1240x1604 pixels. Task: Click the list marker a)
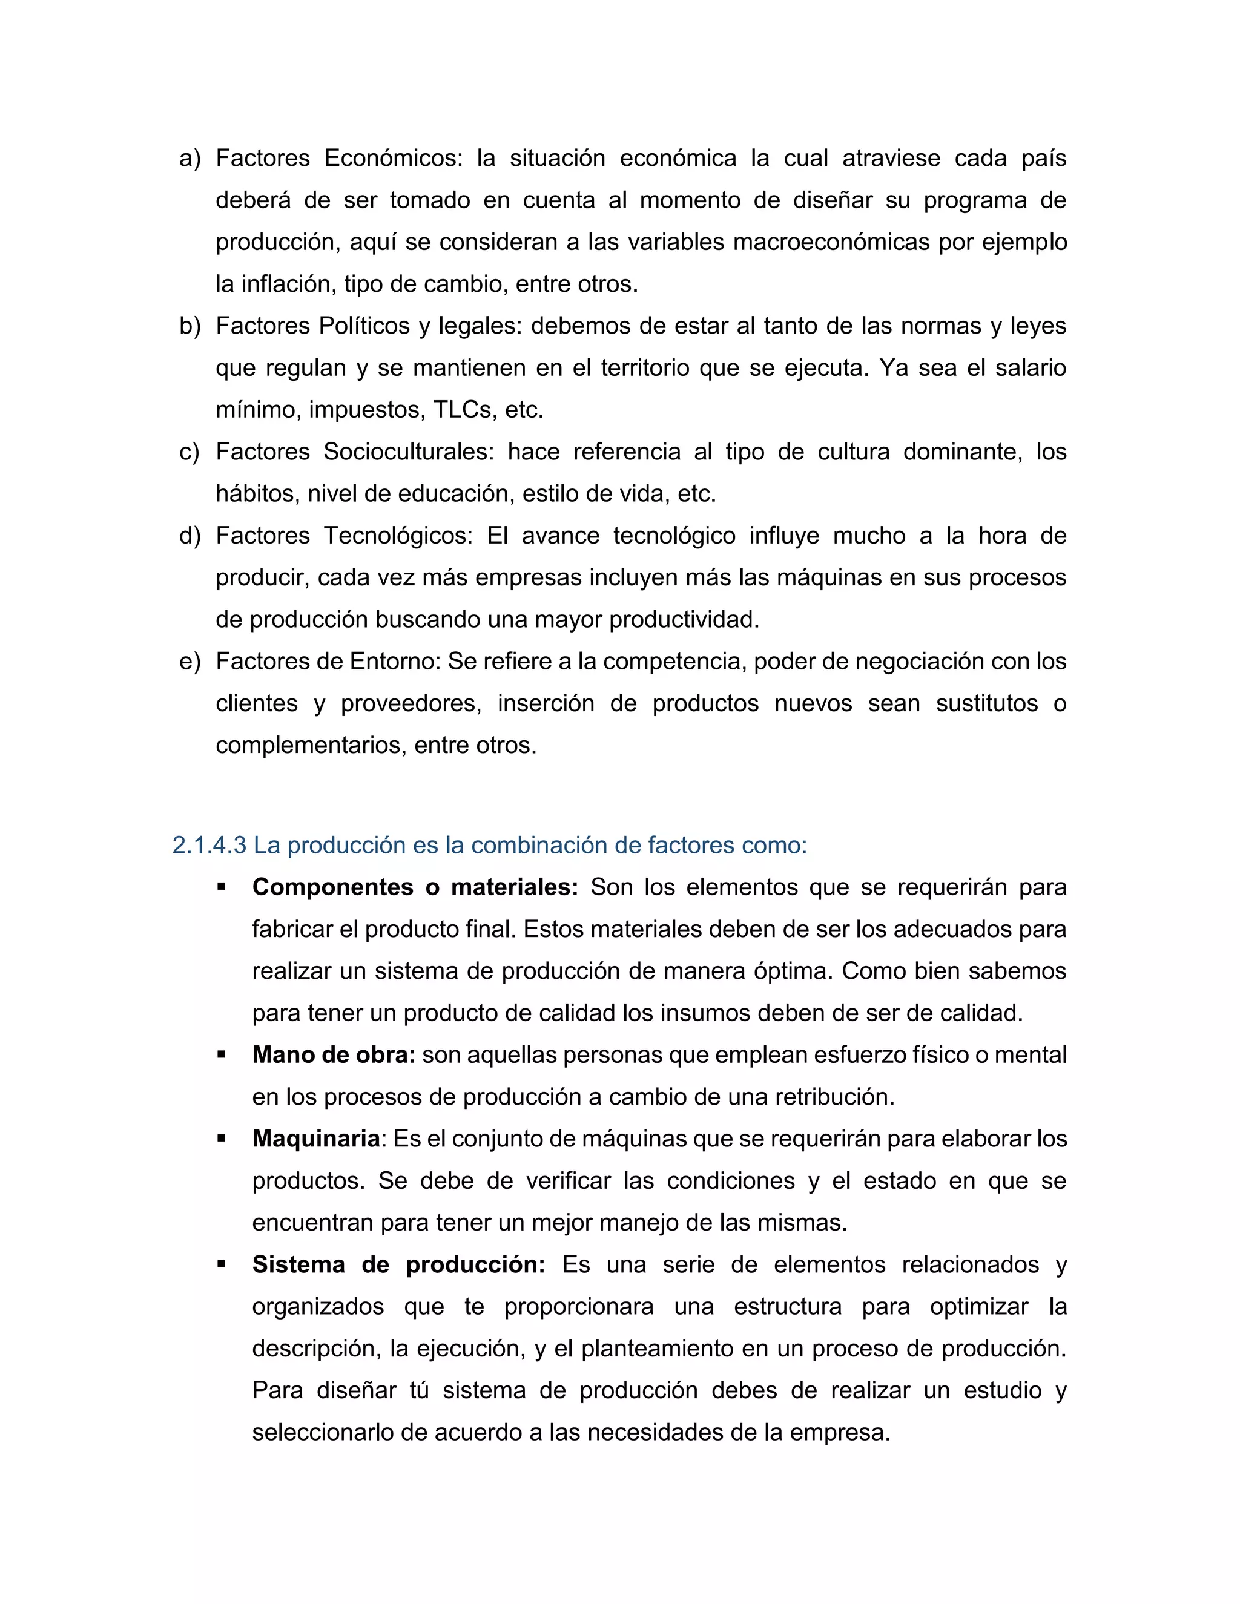tap(190, 159)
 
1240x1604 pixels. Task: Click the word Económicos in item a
tap(393, 159)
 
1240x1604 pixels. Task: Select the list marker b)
tap(190, 326)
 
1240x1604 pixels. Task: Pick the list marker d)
tap(190, 536)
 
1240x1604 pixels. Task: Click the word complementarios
tap(307, 746)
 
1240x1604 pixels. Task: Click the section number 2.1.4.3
tap(209, 846)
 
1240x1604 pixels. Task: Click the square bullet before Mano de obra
tap(221, 1054)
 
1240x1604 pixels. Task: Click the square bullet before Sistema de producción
tap(221, 1264)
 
